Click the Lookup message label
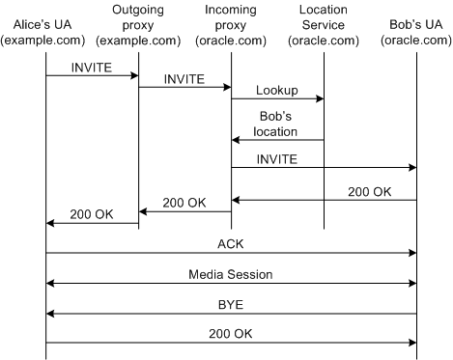point(277,89)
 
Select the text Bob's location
point(277,124)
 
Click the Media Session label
point(231,274)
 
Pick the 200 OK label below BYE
point(231,333)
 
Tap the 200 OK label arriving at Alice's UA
point(92,213)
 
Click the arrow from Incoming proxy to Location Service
point(277,98)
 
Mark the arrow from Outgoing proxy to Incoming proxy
point(184,87)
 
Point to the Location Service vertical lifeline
point(324,193)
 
